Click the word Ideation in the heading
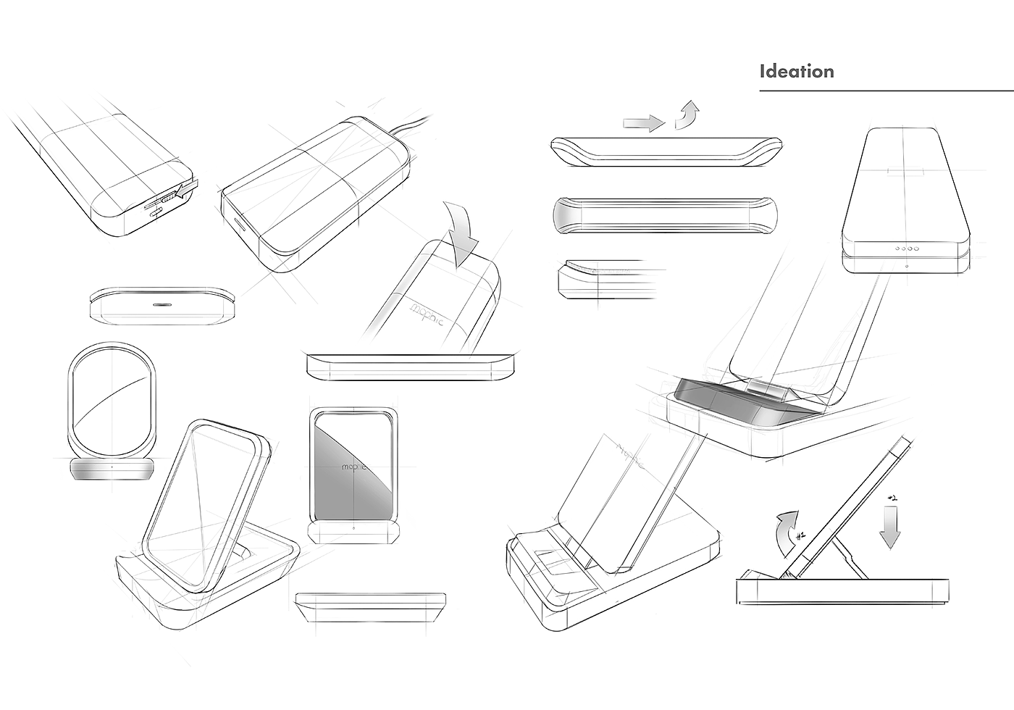(796, 72)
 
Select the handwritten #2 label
(892, 498)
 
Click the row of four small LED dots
(906, 248)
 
